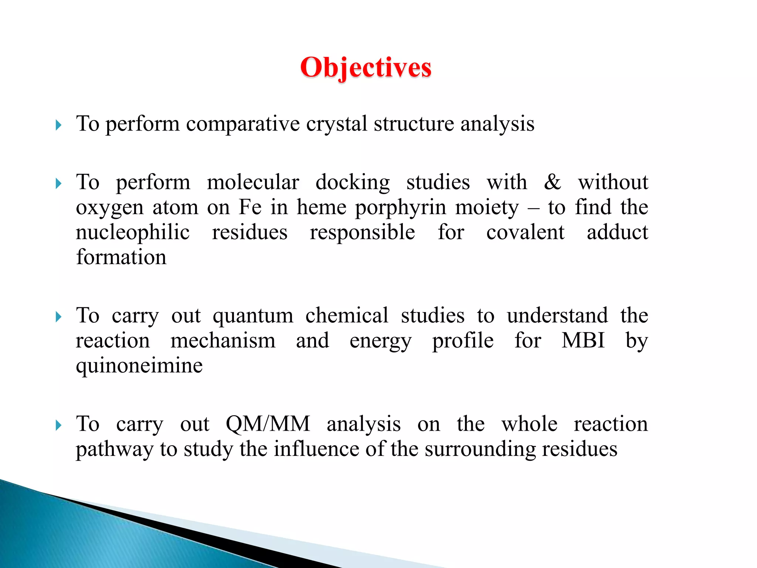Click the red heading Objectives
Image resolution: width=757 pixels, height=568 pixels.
[366, 68]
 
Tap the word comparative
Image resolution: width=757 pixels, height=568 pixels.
[242, 124]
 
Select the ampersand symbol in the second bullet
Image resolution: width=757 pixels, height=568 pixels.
[552, 182]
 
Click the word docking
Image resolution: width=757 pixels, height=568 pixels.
[353, 182]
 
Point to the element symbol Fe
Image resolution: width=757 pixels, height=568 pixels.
[250, 207]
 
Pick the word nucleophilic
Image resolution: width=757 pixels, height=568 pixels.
[133, 233]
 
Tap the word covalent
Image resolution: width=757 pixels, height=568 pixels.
[525, 232]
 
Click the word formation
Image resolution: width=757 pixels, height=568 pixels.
[121, 257]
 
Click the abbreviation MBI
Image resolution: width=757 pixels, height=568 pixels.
[583, 340]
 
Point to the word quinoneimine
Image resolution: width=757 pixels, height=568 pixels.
[139, 366]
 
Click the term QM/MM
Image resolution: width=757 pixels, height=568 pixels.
[268, 424]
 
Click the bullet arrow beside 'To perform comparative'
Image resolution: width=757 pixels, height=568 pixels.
[58, 125]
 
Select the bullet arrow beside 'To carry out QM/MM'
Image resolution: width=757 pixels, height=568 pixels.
[58, 425]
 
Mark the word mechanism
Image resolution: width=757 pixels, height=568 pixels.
[223, 341]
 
